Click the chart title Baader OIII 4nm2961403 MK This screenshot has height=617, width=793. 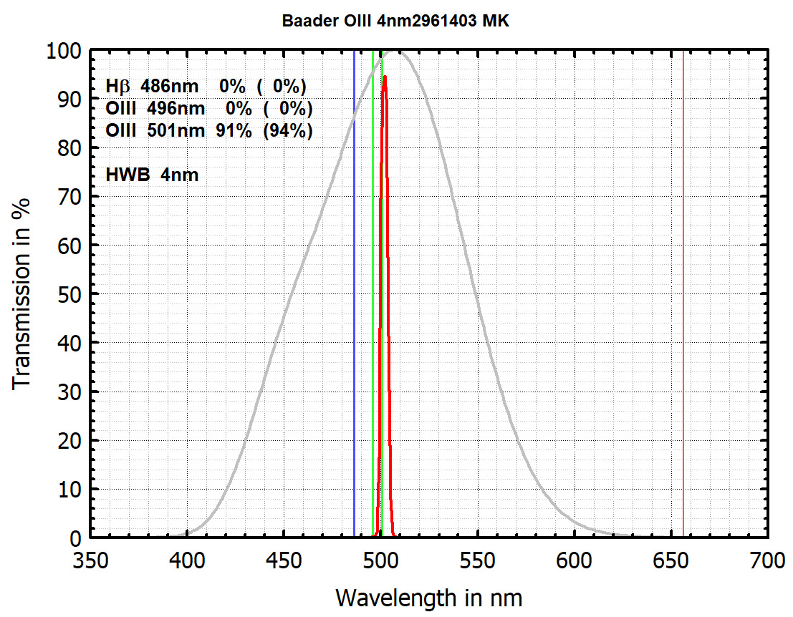click(x=396, y=21)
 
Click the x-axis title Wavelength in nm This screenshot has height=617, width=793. click(x=428, y=596)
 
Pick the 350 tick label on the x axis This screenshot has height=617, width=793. click(x=90, y=560)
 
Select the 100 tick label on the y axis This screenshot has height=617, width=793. click(x=63, y=51)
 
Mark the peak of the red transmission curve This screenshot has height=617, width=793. click(x=385, y=76)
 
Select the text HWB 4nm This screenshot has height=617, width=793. click(x=152, y=174)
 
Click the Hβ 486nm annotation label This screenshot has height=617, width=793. click(x=150, y=87)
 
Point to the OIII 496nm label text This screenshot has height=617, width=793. click(x=150, y=110)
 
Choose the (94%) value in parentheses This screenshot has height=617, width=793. click(x=289, y=132)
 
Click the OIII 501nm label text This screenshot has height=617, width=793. click(x=150, y=132)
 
